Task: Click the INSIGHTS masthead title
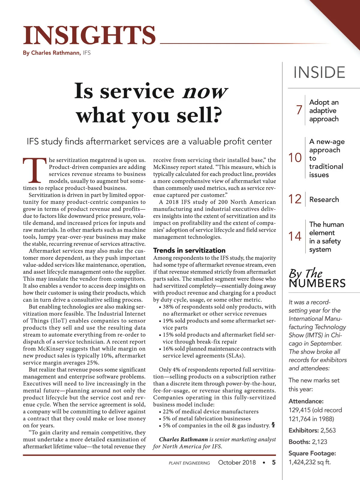(x=89, y=35)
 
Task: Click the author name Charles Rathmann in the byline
(x=55, y=53)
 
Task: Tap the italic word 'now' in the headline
(x=205, y=91)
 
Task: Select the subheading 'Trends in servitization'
(x=189, y=250)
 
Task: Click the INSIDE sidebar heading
(x=319, y=73)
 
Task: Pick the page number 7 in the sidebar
(x=299, y=110)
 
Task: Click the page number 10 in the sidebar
(x=295, y=158)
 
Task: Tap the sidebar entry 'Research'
(x=324, y=199)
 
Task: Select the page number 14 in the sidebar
(x=295, y=236)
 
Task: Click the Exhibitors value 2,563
(x=328, y=430)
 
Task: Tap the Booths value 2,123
(x=319, y=442)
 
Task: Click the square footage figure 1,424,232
(x=302, y=462)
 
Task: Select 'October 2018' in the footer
(x=237, y=463)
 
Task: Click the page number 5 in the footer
(x=274, y=463)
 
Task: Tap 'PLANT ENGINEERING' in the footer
(x=189, y=463)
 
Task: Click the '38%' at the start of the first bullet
(x=168, y=307)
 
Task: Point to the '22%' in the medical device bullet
(x=168, y=412)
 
